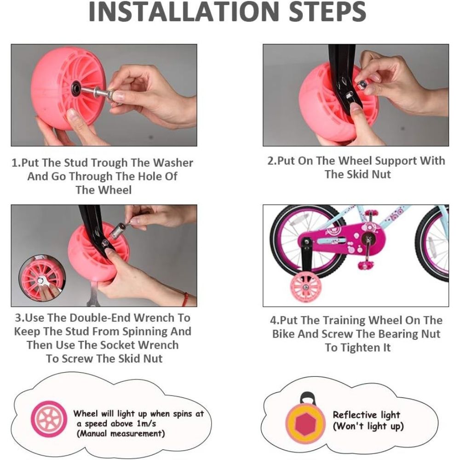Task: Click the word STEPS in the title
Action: coord(328,12)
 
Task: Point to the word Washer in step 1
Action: coord(173,162)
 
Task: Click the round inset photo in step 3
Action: coord(42,278)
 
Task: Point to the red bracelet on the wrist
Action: coord(184,299)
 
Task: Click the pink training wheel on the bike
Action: coord(305,287)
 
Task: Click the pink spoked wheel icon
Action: coord(49,419)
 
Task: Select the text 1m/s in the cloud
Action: coord(146,424)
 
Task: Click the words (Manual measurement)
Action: coord(121,433)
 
